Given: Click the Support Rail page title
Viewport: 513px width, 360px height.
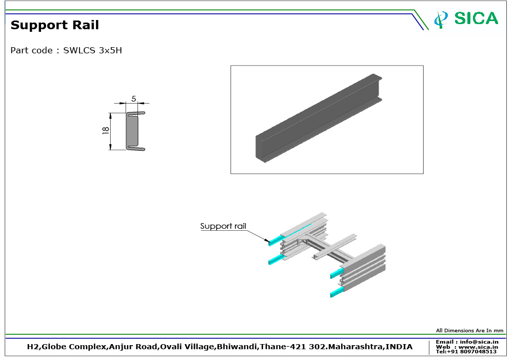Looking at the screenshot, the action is [x=55, y=25].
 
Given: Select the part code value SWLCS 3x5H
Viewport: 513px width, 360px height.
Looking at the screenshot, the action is [x=92, y=50].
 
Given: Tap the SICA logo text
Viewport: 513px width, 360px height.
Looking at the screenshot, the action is [x=476, y=18].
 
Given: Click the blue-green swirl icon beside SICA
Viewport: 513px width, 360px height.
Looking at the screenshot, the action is [x=441, y=19].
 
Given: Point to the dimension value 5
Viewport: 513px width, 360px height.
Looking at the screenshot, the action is [x=133, y=99].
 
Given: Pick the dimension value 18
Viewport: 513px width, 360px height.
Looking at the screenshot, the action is [x=105, y=130].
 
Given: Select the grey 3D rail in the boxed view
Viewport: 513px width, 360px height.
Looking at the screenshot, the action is [x=319, y=118].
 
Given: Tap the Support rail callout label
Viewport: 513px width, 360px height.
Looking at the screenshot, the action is [x=223, y=226].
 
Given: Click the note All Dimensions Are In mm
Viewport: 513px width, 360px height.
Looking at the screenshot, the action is [x=469, y=331].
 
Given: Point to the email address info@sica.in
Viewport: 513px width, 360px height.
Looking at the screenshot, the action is [x=479, y=342].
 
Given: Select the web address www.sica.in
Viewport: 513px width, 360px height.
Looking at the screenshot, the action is [x=478, y=347].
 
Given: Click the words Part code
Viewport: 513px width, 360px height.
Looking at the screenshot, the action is [x=31, y=50].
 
